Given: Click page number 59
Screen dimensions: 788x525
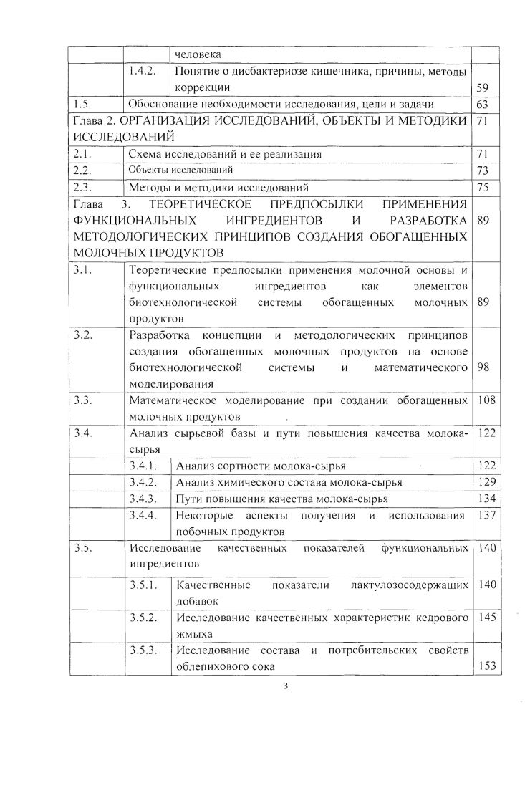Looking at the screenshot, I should (482, 87).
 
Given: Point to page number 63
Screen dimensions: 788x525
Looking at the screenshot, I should (482, 105).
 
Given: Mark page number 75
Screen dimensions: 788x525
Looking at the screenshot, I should (482, 187).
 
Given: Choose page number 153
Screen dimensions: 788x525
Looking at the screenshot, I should (486, 666).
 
